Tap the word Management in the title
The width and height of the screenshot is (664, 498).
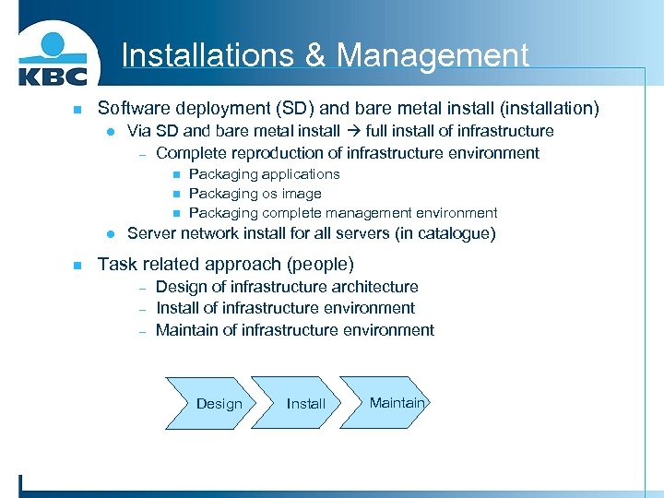coord(433,56)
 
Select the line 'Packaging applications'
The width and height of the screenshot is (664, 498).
coord(264,174)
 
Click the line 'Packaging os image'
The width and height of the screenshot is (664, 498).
coord(255,194)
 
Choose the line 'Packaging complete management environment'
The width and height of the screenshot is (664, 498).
coord(343,213)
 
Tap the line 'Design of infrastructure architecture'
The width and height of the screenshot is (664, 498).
coord(287,287)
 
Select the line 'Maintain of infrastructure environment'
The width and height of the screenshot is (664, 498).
coord(295,330)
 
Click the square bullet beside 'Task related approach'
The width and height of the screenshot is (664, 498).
coord(77,265)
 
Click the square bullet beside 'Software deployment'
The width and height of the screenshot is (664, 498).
coord(77,110)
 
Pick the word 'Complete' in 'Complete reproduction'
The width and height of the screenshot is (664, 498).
coord(190,153)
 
